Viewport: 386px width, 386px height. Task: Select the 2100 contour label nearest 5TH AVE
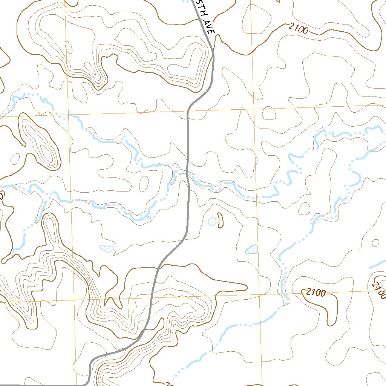coord(299,29)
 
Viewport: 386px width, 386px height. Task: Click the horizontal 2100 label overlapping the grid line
coord(316,292)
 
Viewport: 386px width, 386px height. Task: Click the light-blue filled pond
coord(251,249)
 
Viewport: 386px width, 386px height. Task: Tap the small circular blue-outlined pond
coord(212,222)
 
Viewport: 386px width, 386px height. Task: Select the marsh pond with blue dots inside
coord(106,248)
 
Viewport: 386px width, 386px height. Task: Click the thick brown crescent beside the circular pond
coord(220,220)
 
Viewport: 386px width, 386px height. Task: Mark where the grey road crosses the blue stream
coord(188,173)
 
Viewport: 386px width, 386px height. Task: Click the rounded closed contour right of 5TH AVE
coord(260,17)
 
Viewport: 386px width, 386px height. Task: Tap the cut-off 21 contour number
coord(168,384)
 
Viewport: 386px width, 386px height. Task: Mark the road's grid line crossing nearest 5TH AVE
coord(188,111)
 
